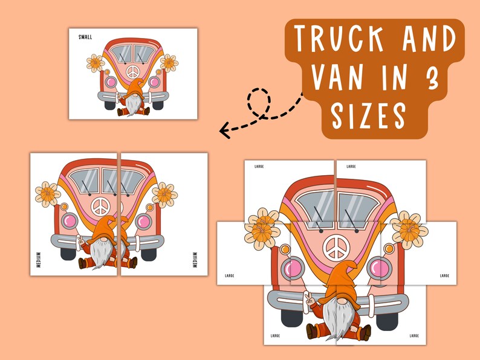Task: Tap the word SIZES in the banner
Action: [369, 115]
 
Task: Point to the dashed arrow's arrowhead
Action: [224, 130]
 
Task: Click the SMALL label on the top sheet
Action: [85, 37]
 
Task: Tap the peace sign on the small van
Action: [132, 72]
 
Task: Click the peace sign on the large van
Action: [337, 248]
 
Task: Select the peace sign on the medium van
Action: [100, 207]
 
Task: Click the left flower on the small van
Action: [95, 63]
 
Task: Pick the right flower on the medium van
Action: [164, 195]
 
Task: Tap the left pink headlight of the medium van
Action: [70, 221]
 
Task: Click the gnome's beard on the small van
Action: [133, 104]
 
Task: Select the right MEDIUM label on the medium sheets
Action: [195, 260]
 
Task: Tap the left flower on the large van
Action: [262, 229]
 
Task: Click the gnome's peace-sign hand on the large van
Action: [310, 299]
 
